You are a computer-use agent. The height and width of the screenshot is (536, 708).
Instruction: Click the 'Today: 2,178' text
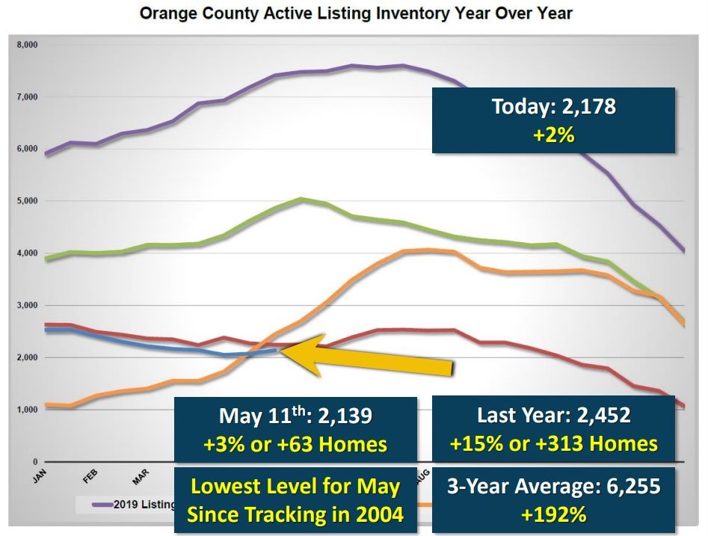pyautogui.click(x=553, y=106)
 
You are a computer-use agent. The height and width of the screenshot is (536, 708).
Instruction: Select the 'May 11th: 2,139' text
pyautogui.click(x=295, y=416)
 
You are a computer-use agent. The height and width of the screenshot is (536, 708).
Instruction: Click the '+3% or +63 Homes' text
pyautogui.click(x=295, y=445)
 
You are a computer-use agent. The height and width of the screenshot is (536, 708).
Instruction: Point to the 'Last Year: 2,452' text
pyautogui.click(x=553, y=416)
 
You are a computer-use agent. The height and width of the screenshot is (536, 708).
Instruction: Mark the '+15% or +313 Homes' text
pyautogui.click(x=553, y=445)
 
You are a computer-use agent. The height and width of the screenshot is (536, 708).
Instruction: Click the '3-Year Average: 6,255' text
pyautogui.click(x=553, y=487)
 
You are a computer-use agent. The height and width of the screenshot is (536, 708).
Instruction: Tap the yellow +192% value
pyautogui.click(x=553, y=515)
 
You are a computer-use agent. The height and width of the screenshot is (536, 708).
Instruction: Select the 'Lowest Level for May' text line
pyautogui.click(x=295, y=487)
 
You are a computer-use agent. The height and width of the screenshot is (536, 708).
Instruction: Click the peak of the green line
pyautogui.click(x=301, y=198)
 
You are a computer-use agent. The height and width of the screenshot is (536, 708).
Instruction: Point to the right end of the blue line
pyautogui.click(x=277, y=349)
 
